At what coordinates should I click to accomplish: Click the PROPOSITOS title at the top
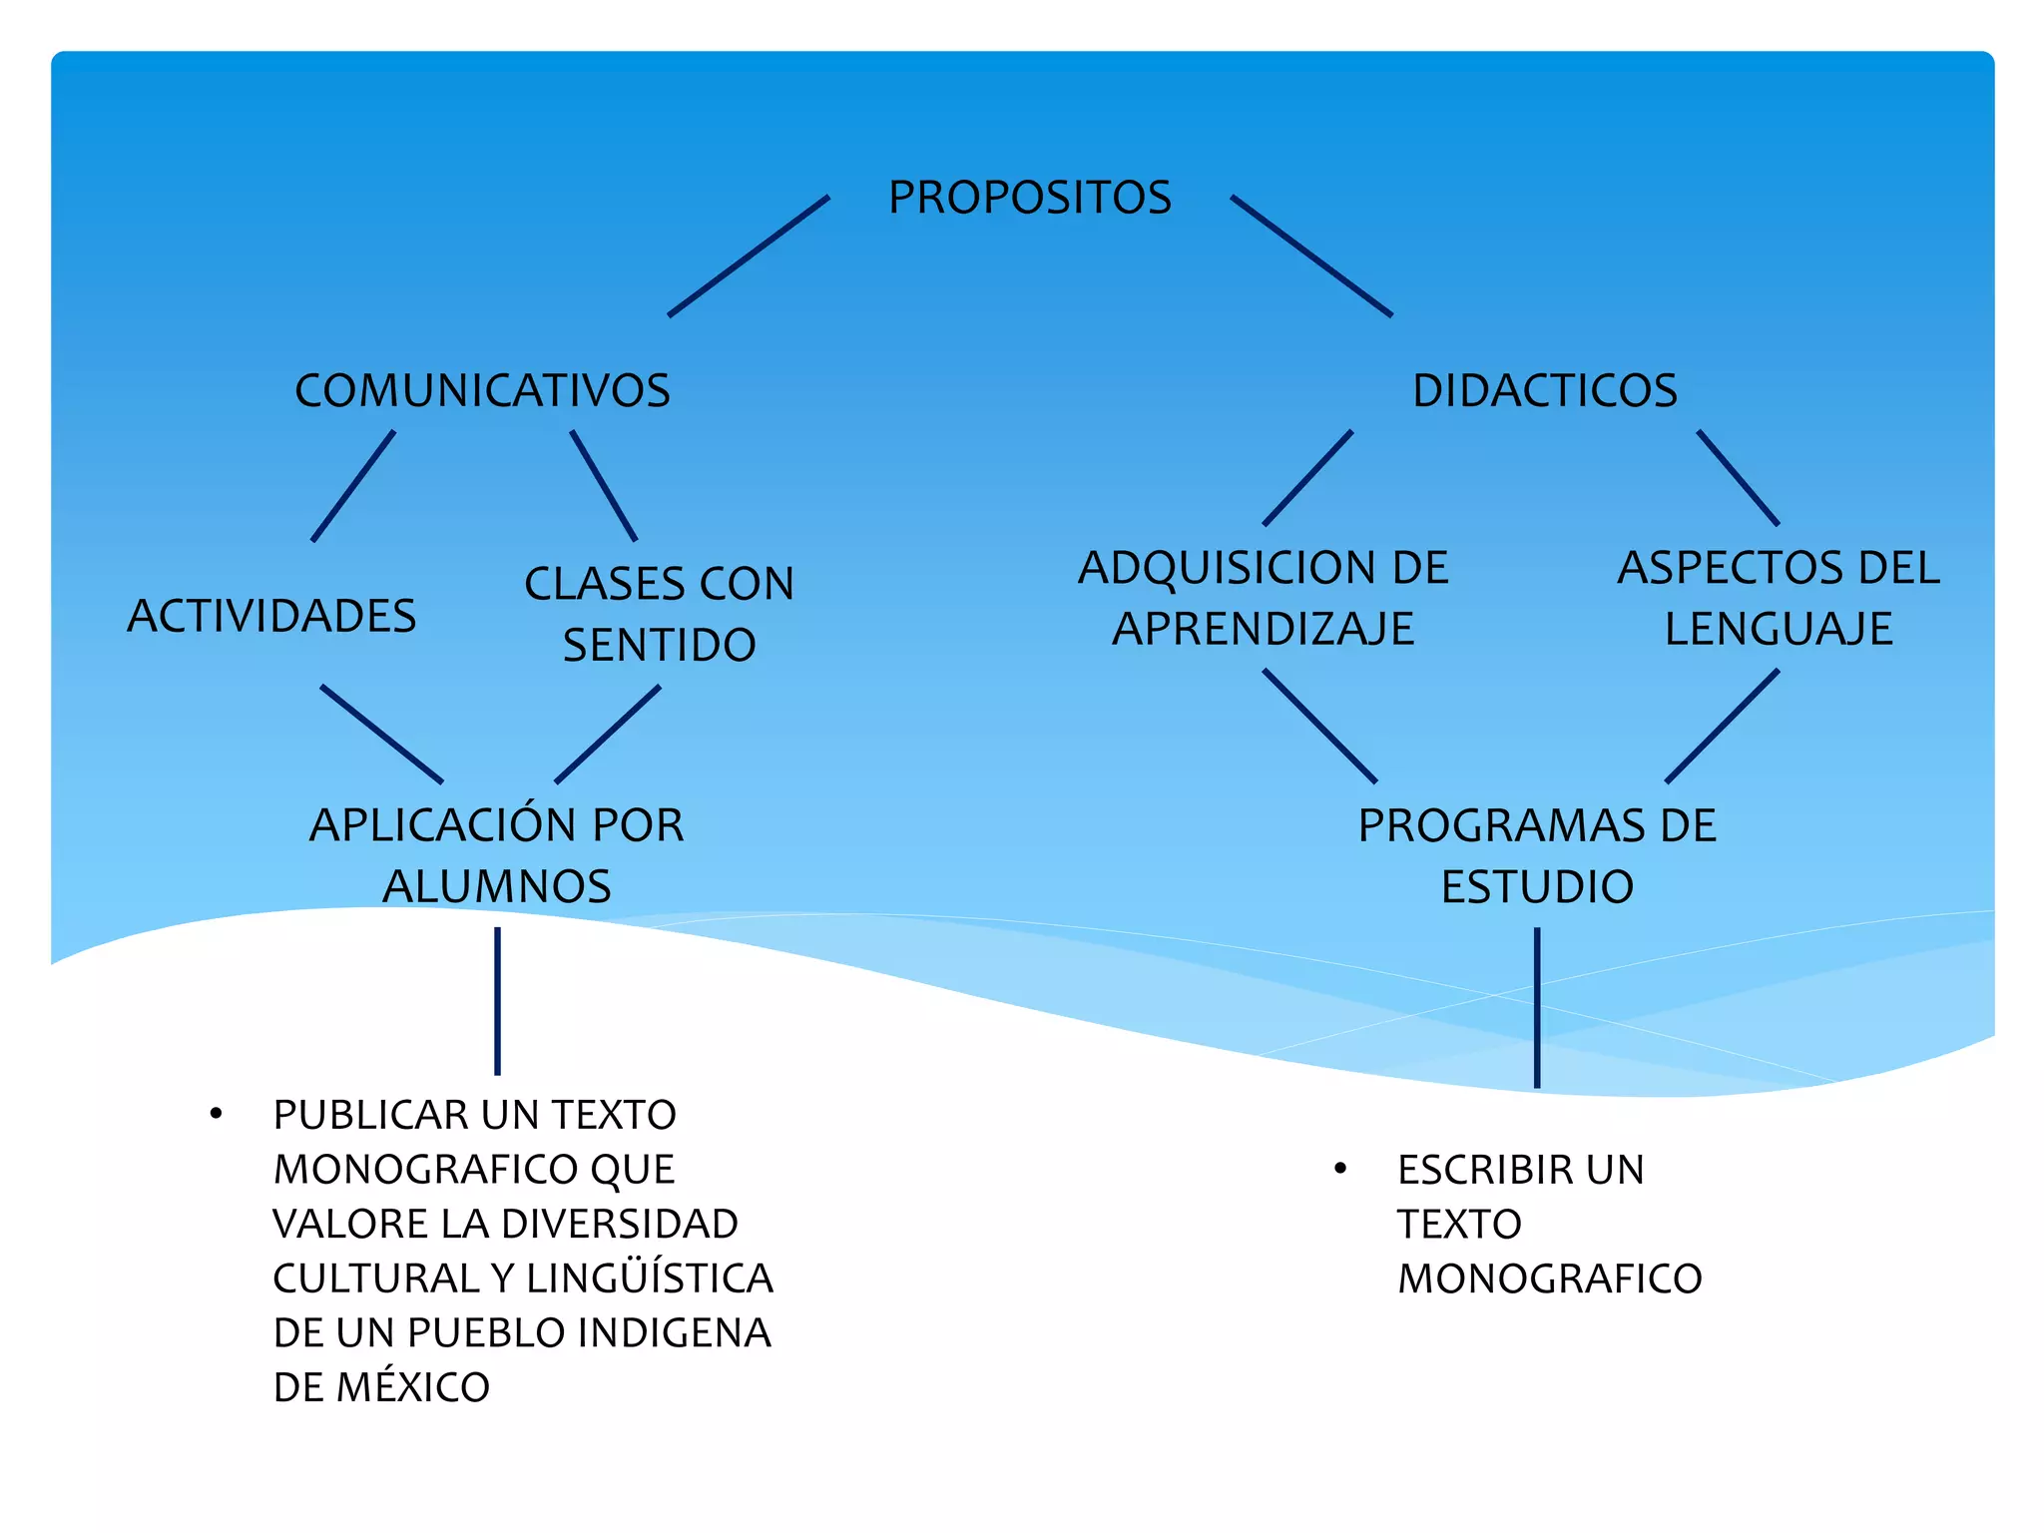(1029, 198)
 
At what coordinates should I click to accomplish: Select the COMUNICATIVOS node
(482, 390)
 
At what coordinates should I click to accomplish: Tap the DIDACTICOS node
(1544, 390)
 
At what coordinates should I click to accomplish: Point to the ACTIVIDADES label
(271, 616)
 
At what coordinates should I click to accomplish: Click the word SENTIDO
(659, 645)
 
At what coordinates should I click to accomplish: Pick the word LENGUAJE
(1778, 629)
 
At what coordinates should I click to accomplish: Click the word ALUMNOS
(496, 886)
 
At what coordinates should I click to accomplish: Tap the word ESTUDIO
(1537, 886)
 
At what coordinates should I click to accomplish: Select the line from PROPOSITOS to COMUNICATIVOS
(749, 256)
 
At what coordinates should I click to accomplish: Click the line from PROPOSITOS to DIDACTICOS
(1311, 256)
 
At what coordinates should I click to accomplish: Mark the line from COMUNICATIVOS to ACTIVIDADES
(353, 486)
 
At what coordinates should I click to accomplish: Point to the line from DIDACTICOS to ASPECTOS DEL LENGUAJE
(1738, 478)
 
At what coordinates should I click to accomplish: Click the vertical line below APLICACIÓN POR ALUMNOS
(497, 1001)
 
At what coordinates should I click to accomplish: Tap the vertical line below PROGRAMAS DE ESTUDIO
(1537, 1008)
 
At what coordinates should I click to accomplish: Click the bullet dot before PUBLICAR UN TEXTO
(216, 1114)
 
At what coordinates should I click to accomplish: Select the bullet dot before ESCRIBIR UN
(1340, 1168)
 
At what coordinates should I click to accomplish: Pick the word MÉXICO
(412, 1387)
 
